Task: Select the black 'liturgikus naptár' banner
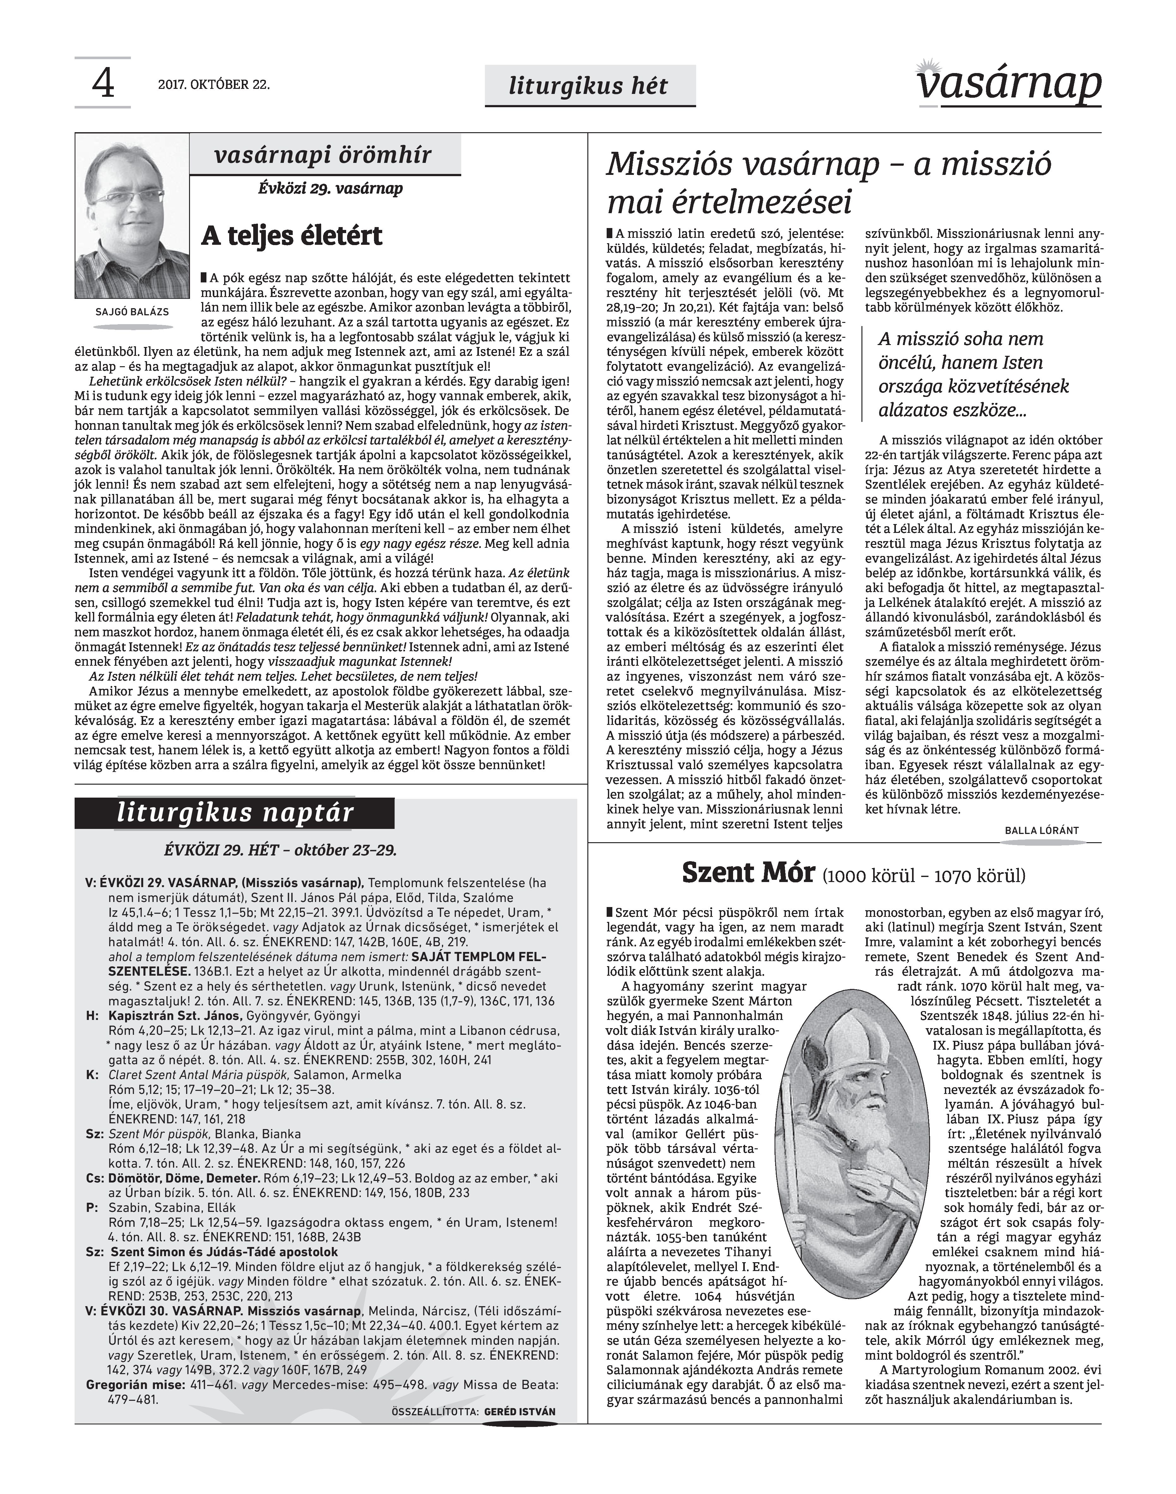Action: [235, 813]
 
